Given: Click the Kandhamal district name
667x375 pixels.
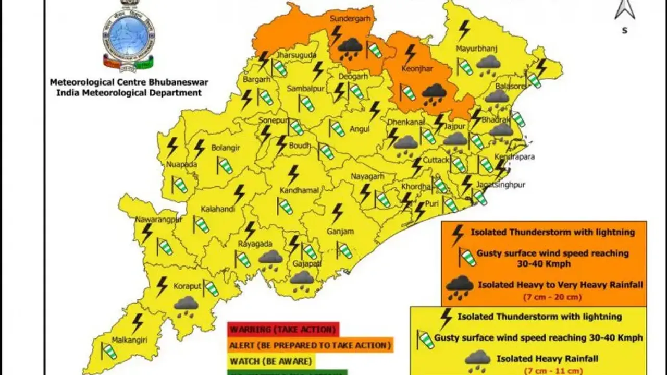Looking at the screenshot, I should click(299, 191).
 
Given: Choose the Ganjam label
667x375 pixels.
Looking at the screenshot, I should click(340, 232).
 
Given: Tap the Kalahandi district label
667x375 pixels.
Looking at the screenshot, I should click(218, 209).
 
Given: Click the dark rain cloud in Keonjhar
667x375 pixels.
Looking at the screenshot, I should click(434, 93).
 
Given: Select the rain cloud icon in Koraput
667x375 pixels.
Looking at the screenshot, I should click(186, 305).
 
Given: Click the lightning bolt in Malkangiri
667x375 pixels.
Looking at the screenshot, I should click(138, 323).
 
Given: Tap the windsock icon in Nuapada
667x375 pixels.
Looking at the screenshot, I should click(179, 185).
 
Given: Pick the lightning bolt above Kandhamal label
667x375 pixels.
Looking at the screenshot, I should click(293, 174).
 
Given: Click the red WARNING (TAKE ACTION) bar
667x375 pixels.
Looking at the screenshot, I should click(283, 330).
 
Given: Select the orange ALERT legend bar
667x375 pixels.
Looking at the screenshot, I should click(310, 345).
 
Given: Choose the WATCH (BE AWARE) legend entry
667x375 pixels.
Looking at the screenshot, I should click(271, 361).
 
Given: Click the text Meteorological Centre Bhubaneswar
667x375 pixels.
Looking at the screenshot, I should click(125, 82).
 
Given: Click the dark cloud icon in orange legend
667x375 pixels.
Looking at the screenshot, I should click(460, 285).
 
